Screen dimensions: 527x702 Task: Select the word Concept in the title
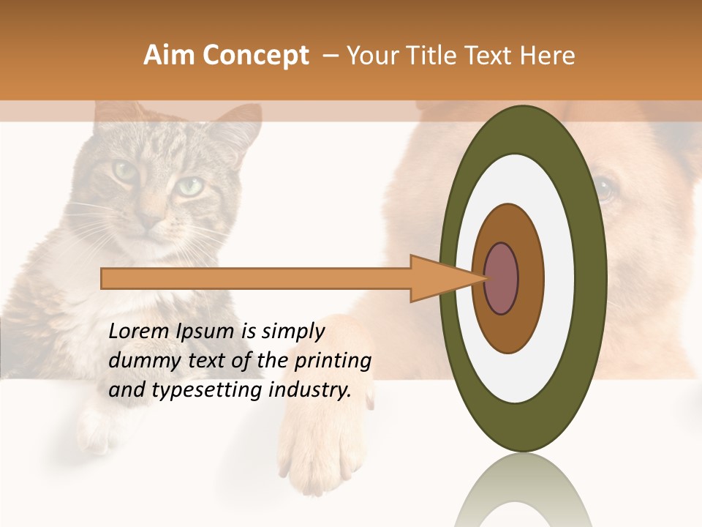(257, 56)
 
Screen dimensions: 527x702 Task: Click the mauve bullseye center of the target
(502, 278)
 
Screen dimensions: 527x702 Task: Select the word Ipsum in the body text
(205, 332)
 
